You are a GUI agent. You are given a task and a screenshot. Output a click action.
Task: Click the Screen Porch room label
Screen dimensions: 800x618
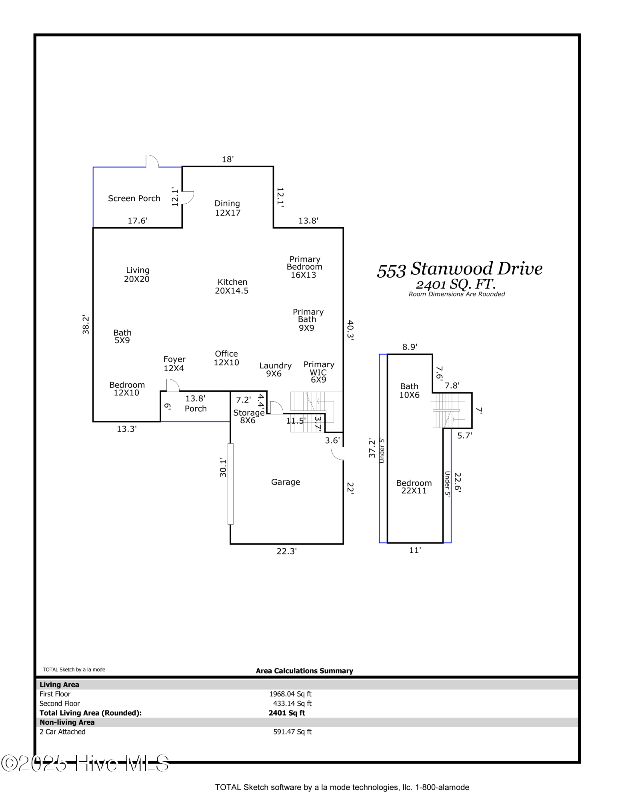134,198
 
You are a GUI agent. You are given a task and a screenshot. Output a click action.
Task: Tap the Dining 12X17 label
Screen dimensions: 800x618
227,208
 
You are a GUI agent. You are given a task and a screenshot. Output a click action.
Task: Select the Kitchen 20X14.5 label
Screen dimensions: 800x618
232,286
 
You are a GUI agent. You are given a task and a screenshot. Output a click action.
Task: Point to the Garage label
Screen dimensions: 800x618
286,482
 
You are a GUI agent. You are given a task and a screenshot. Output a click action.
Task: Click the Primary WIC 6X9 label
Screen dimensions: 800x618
319,372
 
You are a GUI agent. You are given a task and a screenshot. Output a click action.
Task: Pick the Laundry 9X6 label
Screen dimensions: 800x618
275,370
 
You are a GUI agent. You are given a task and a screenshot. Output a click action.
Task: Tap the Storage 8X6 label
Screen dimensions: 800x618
248,416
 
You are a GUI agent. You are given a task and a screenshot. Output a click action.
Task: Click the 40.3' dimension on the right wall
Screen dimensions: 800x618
350,330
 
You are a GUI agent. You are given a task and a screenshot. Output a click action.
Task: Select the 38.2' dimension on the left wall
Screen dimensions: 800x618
86,324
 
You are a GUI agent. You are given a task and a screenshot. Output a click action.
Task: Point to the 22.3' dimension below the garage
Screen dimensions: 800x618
286,551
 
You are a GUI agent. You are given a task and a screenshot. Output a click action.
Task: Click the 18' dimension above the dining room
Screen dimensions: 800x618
228,159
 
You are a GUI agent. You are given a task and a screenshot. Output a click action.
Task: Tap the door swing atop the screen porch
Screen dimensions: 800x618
152,161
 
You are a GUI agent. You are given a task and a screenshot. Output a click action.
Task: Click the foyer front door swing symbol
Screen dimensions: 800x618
173,385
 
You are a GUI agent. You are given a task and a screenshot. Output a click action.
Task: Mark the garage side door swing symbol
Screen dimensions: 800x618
337,453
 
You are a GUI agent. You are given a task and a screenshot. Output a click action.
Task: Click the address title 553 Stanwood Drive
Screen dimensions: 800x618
460,269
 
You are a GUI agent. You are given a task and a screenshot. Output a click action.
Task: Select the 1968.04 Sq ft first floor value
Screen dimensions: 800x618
290,694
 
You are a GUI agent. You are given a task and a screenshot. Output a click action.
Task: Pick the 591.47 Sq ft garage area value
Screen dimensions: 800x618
292,732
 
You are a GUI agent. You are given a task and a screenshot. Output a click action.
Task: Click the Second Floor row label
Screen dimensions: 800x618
60,703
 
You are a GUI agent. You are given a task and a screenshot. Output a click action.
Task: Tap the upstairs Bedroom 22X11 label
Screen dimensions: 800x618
414,487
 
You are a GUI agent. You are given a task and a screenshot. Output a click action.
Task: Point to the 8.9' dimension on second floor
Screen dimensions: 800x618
410,347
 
